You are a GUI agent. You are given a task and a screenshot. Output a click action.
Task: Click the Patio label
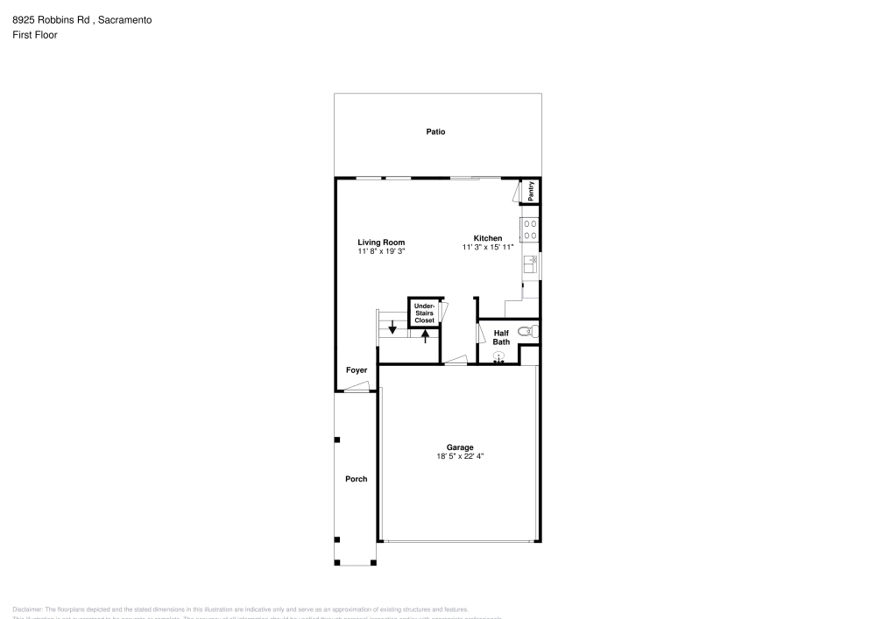click(435, 132)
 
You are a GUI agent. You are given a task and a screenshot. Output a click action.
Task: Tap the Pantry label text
click(531, 192)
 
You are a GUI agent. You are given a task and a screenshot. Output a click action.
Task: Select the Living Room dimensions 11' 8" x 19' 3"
click(381, 251)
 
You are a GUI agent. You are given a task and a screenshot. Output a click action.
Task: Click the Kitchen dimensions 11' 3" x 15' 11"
click(488, 248)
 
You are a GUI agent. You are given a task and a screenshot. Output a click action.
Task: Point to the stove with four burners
click(530, 229)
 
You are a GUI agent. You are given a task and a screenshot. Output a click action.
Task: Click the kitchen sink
click(530, 262)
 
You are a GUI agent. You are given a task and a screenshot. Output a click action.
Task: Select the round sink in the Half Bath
click(499, 356)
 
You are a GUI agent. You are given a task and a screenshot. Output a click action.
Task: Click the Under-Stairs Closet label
click(424, 313)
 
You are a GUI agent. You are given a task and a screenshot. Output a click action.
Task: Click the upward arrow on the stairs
click(425, 337)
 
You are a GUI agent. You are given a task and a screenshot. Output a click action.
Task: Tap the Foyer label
click(357, 370)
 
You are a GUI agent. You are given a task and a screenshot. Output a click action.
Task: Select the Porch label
click(356, 479)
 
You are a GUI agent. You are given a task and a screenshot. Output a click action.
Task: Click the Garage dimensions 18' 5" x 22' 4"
click(460, 456)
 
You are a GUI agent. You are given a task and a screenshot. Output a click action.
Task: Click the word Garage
click(460, 447)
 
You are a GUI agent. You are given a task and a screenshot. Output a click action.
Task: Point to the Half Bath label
click(501, 337)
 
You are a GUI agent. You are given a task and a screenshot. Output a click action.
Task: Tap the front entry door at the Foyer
click(357, 390)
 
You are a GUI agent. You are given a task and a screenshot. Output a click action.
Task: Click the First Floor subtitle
click(34, 35)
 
